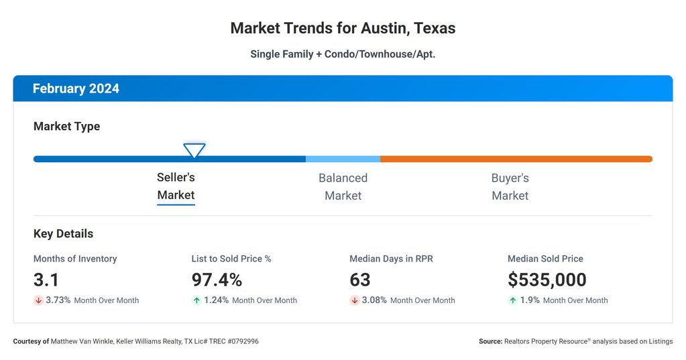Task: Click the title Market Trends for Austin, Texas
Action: click(x=343, y=28)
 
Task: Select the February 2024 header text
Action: click(x=76, y=88)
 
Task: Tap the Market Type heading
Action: click(x=66, y=126)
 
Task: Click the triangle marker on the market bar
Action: click(x=194, y=150)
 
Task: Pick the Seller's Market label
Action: click(x=176, y=186)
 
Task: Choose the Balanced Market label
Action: click(x=343, y=186)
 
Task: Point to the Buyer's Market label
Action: click(x=510, y=186)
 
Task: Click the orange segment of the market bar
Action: click(x=516, y=159)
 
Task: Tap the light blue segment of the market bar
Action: click(x=343, y=159)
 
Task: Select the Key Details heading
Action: click(x=63, y=234)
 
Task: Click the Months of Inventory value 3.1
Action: click(x=46, y=280)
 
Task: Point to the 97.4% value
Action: click(x=217, y=280)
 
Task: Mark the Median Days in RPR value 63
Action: click(x=360, y=280)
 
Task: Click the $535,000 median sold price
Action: click(x=547, y=280)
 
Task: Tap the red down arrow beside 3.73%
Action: click(x=38, y=300)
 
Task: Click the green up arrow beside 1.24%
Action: click(x=196, y=300)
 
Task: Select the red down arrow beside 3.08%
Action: click(x=355, y=300)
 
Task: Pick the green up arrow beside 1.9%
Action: click(x=513, y=300)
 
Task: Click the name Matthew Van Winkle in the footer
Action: click(x=81, y=341)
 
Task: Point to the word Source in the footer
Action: click(x=490, y=341)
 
